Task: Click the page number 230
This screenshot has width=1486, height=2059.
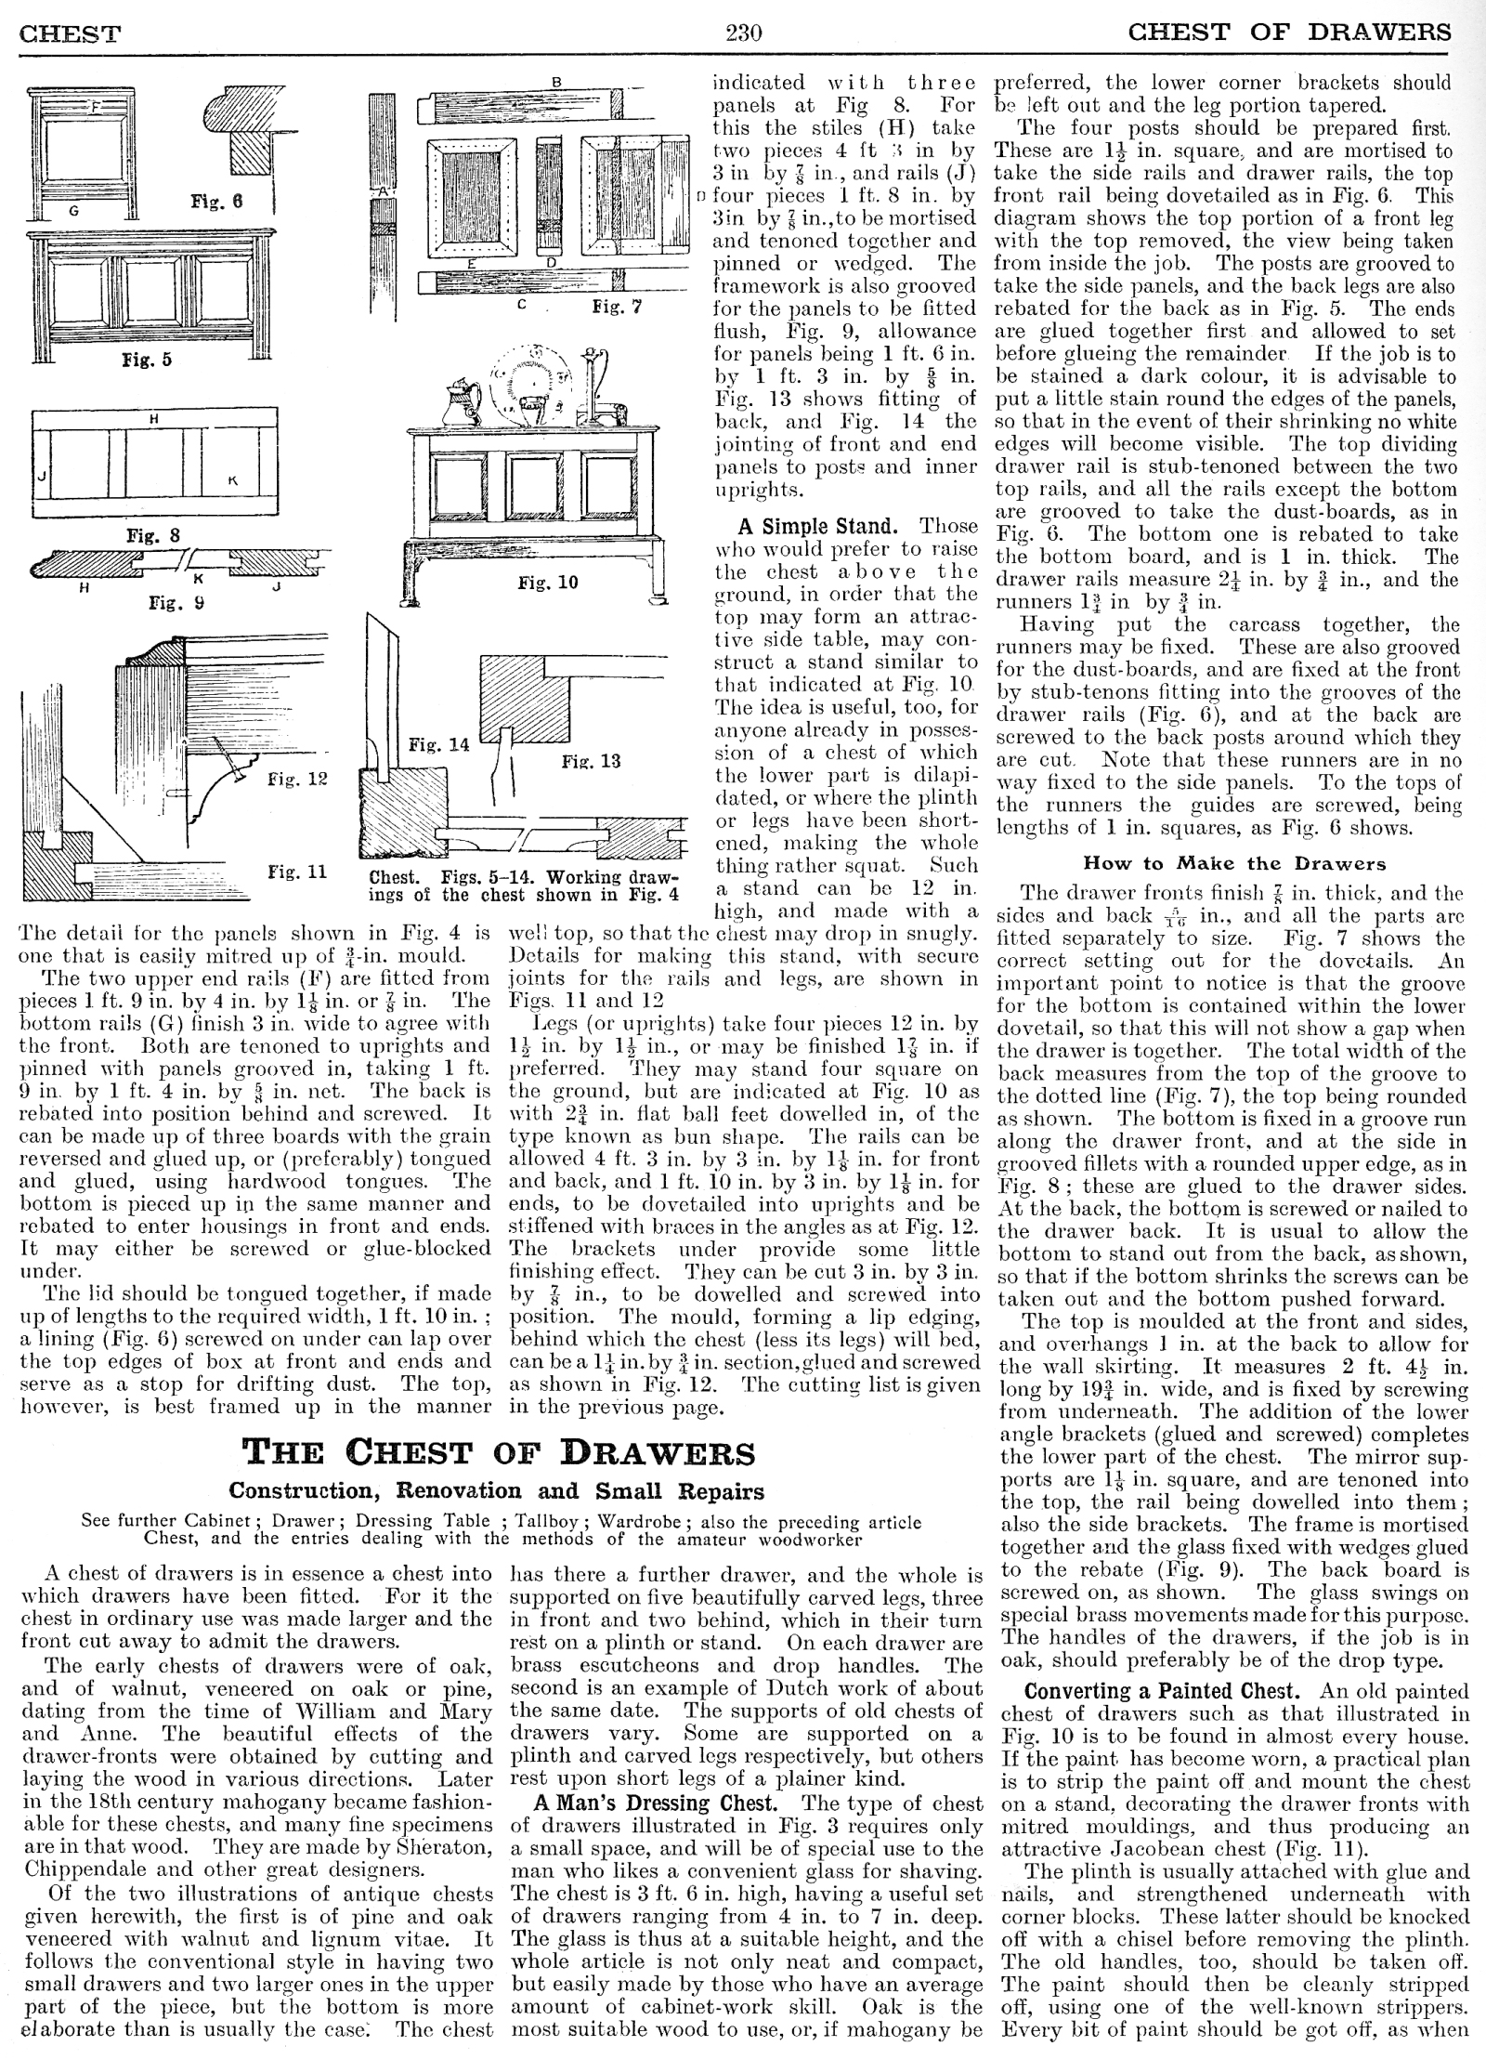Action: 743,33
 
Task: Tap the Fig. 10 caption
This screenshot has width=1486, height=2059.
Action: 548,583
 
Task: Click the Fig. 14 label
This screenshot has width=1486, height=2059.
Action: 439,744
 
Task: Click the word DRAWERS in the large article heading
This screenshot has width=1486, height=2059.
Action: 658,1453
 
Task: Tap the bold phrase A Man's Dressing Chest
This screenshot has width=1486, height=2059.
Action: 655,1803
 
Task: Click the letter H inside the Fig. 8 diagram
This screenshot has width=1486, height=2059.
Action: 153,420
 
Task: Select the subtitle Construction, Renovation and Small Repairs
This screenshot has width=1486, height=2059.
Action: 497,1491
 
